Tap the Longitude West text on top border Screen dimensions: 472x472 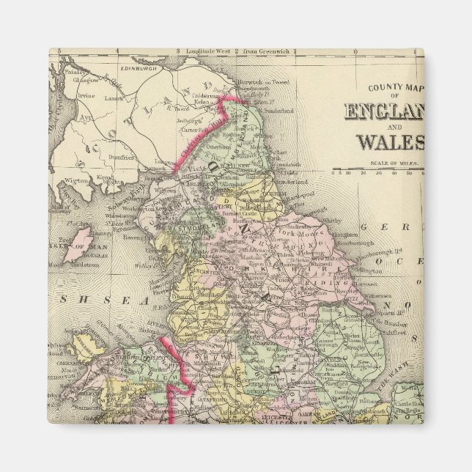pos(206,51)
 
